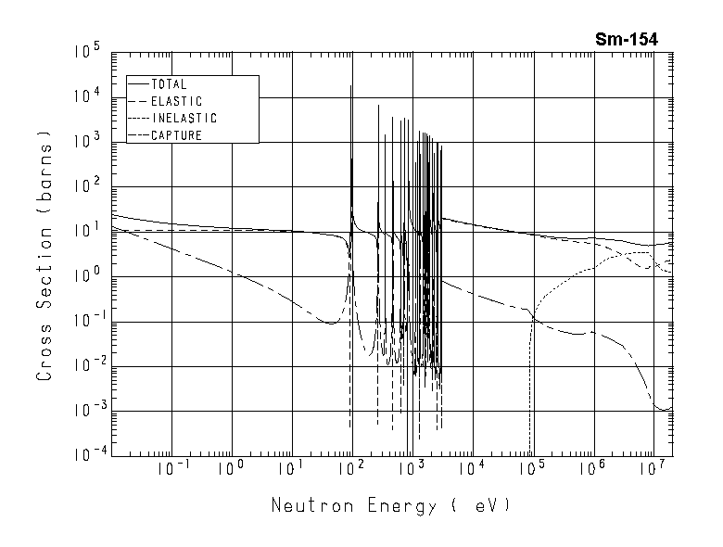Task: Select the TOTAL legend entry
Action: tap(169, 84)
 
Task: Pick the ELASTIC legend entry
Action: tap(175, 101)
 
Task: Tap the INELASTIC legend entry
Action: tap(184, 119)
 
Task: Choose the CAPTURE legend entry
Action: tap(176, 135)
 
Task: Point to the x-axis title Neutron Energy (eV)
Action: tap(390, 506)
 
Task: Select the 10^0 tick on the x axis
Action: tap(231, 469)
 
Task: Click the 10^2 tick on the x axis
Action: tap(351, 469)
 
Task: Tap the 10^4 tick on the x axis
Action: tap(472, 469)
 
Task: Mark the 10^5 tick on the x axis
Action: tap(532, 469)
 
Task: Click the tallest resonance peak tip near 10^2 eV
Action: tap(350, 85)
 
